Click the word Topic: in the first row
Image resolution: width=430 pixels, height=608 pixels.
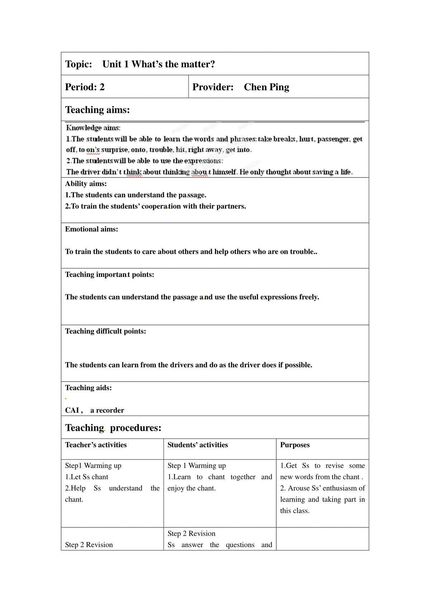click(78, 64)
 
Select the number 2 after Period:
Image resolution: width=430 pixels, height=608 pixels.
click(102, 87)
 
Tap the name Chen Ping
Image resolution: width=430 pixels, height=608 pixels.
click(266, 87)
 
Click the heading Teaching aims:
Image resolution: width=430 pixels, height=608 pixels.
click(97, 110)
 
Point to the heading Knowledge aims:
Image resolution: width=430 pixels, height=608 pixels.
click(93, 128)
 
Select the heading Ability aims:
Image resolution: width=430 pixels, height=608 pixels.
click(86, 184)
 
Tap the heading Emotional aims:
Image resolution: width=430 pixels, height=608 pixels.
click(91, 229)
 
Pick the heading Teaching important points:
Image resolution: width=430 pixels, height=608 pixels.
click(110, 275)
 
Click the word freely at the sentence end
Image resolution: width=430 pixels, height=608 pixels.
click(309, 297)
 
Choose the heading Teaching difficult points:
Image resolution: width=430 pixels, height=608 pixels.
click(106, 331)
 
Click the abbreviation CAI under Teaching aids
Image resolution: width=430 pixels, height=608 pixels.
click(72, 410)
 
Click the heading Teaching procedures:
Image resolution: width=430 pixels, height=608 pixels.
click(113, 428)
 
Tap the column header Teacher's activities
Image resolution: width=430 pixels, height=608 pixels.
click(96, 445)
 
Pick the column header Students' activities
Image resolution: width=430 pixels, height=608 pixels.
click(198, 445)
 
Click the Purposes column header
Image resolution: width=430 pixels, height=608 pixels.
click(295, 445)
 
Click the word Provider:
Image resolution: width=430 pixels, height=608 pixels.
click(213, 87)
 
